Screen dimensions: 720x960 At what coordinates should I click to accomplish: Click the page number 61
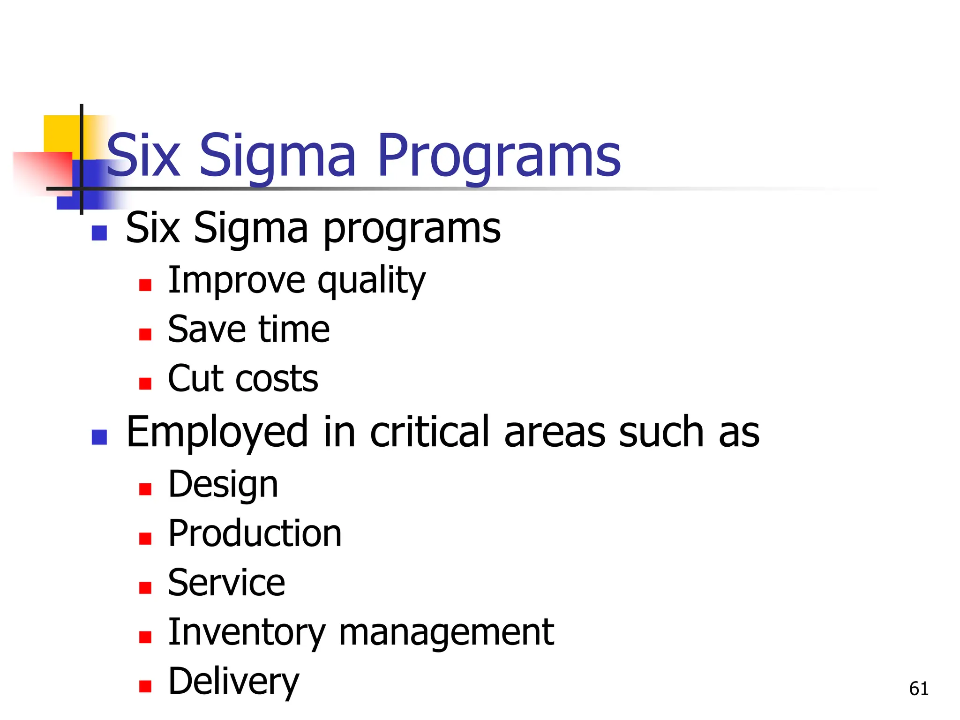coord(919,689)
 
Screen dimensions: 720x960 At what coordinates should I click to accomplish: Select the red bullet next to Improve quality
coord(145,285)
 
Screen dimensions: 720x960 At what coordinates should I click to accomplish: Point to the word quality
coord(371,281)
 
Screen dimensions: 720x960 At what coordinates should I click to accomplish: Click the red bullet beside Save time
coord(145,334)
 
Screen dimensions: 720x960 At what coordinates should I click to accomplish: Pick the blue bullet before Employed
coord(99,437)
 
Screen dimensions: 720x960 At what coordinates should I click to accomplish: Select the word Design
coord(223,485)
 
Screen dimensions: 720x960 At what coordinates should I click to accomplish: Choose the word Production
coord(255,534)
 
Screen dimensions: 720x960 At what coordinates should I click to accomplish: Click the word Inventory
coord(247,632)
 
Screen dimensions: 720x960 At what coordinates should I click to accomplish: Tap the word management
coord(446,632)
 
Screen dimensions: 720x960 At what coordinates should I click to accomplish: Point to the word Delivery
coord(233,682)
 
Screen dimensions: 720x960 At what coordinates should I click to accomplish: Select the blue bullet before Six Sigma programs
coord(99,233)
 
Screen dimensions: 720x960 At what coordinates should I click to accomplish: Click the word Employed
coord(217,432)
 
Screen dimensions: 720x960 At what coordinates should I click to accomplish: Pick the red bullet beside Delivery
coord(145,686)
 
